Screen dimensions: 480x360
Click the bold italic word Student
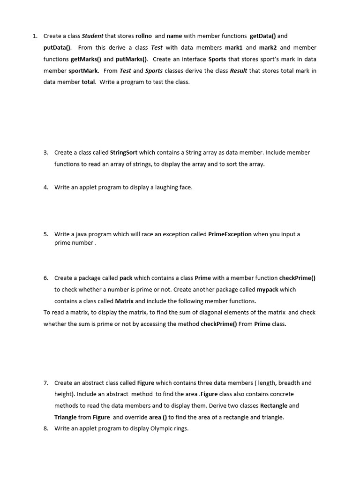point(92,36)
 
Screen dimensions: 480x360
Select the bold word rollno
point(143,36)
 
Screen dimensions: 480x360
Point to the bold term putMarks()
point(132,59)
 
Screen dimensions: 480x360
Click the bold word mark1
point(233,47)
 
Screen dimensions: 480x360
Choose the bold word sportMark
point(83,71)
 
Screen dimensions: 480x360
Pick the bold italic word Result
point(238,71)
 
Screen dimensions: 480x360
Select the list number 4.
point(46,187)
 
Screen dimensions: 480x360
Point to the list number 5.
point(46,234)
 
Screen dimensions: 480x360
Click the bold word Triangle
point(66,417)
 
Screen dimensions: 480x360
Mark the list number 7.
point(46,382)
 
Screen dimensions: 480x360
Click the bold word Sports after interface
point(217,59)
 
